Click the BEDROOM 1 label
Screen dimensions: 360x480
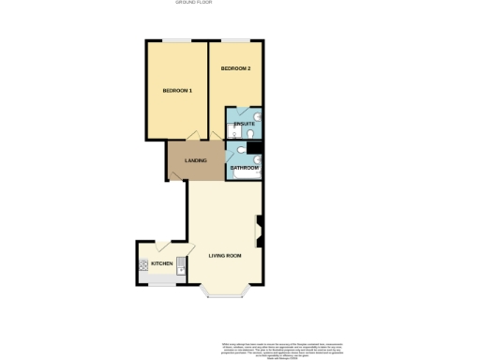pos(177,91)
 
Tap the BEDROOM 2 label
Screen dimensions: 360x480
pos(235,69)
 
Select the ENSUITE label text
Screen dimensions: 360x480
pos(244,124)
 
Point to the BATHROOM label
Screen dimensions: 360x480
pos(245,168)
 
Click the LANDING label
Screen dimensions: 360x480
pos(195,160)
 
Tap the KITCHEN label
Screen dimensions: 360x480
pos(162,264)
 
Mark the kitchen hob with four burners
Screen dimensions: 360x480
pos(143,264)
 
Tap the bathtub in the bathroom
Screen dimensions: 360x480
pos(246,176)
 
